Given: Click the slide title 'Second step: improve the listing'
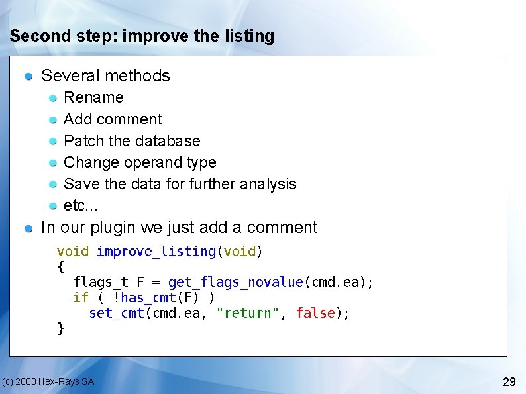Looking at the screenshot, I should click(142, 36).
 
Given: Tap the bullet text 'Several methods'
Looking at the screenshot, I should click(105, 75).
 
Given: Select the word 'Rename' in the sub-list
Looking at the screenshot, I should click(93, 97).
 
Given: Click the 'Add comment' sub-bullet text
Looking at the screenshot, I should click(113, 119).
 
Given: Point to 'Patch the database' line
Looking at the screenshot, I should click(132, 141).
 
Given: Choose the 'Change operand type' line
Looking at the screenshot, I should click(140, 162).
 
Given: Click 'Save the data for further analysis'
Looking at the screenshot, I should click(180, 184).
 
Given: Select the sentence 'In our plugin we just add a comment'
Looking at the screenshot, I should click(179, 227).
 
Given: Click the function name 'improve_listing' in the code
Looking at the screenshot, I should click(156, 252).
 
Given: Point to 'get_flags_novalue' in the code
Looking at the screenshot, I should click(235, 283).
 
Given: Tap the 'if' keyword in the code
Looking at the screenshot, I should click(80, 298).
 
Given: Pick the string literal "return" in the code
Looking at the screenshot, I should click(248, 313).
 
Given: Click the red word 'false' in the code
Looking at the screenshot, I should click(315, 313).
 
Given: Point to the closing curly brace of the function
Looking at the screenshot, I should click(61, 328).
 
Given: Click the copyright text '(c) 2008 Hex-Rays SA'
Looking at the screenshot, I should click(48, 381).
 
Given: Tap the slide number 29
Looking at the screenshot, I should click(509, 381).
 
